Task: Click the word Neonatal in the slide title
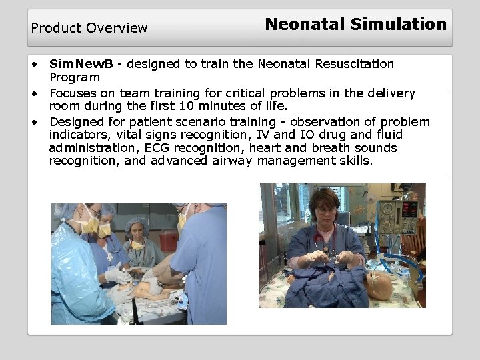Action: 305,25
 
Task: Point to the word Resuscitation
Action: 353,64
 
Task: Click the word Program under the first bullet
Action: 74,78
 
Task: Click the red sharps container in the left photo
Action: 169,239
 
